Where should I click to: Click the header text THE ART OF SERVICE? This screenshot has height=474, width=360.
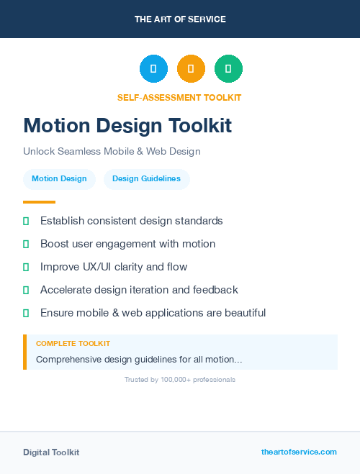180,19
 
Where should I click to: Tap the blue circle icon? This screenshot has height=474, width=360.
153,68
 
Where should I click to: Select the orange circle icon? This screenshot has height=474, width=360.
191,68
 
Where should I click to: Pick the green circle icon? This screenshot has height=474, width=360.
228,68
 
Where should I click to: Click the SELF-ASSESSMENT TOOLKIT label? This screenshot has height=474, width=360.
179,98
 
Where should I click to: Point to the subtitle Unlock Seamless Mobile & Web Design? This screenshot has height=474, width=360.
112,152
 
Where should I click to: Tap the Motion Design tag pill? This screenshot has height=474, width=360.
59,179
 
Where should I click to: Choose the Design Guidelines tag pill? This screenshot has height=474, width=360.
146,179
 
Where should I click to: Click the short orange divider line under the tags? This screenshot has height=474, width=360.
39,202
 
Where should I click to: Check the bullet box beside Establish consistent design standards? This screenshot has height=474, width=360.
26,221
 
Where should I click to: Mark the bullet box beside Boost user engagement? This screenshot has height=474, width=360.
26,244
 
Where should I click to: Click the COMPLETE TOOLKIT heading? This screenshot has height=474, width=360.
73,344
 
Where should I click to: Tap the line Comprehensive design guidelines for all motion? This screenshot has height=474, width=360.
139,359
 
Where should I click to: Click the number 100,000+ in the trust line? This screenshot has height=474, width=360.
176,380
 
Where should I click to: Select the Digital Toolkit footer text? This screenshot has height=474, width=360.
51,452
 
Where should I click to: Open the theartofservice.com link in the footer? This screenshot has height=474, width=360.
299,452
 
